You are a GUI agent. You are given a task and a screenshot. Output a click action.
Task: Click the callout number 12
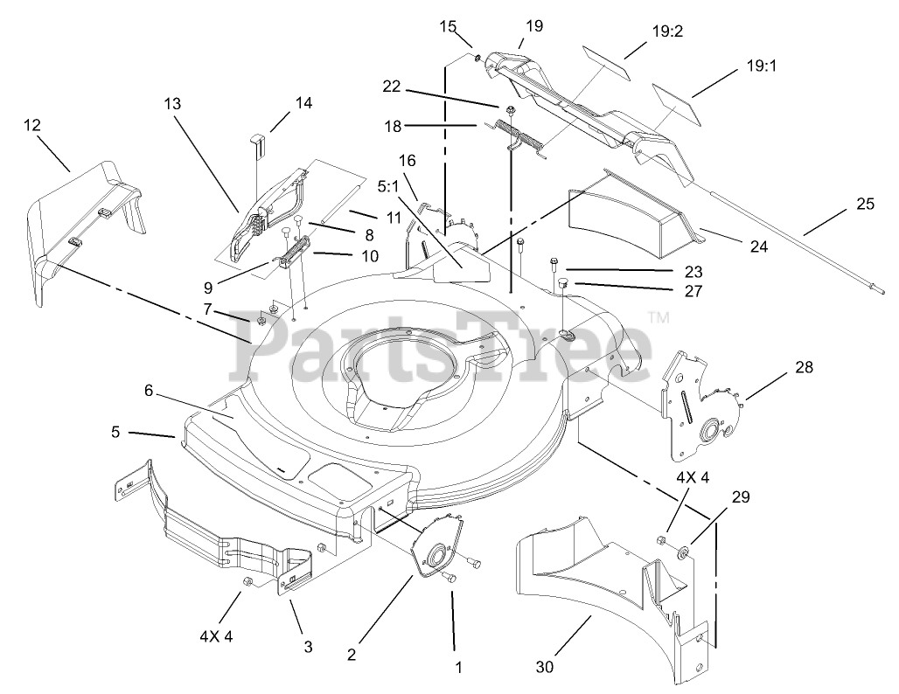(x=31, y=125)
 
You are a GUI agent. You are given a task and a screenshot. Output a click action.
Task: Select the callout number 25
(x=865, y=205)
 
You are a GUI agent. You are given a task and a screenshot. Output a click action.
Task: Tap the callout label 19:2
(x=667, y=31)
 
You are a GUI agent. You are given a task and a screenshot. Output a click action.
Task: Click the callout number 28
(x=804, y=368)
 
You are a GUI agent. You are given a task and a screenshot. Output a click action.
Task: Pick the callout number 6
(x=149, y=391)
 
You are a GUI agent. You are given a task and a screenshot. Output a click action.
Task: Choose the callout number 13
(x=171, y=103)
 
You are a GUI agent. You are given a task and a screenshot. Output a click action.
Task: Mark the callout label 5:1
(x=388, y=186)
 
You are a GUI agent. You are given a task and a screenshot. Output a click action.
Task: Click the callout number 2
(x=352, y=653)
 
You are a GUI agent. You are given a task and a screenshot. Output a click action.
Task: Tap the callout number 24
(x=758, y=247)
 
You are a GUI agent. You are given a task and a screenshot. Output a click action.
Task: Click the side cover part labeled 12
(x=87, y=227)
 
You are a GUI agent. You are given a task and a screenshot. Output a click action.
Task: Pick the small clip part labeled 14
(x=258, y=142)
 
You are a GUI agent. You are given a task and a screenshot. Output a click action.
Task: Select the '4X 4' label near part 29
(x=692, y=479)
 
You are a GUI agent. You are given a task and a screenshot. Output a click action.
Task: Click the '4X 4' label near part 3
(x=216, y=636)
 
